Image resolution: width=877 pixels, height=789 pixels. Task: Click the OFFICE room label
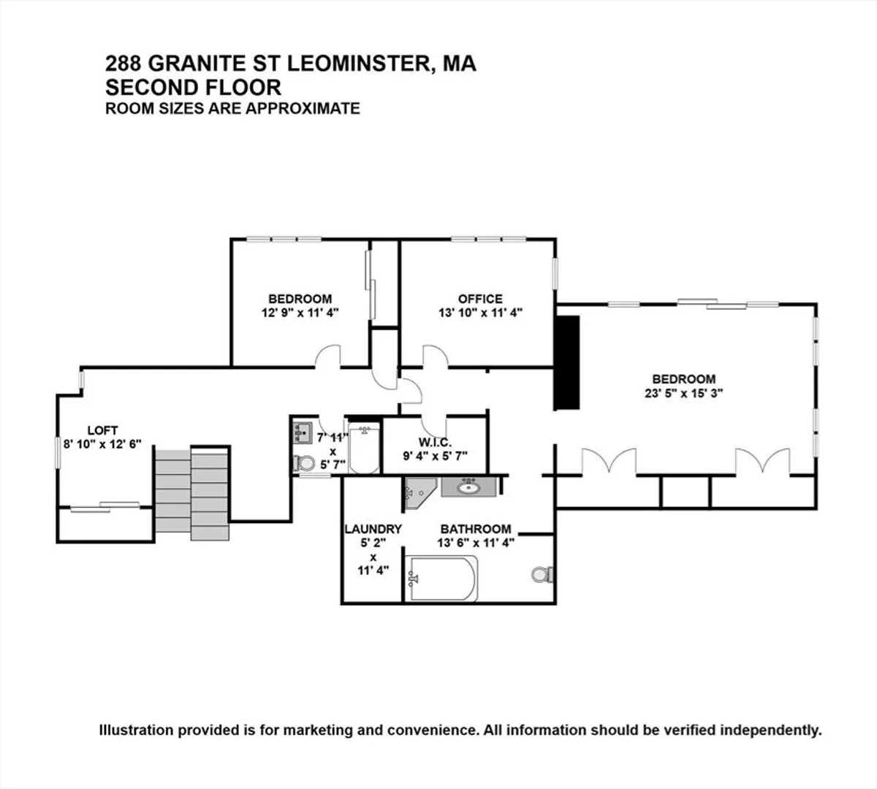tap(480, 299)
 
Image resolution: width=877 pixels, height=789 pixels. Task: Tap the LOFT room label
tap(102, 430)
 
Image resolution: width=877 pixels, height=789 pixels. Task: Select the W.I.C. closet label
tap(435, 443)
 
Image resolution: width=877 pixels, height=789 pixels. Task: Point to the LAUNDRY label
tap(373, 529)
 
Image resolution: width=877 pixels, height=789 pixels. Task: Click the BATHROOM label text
tap(476, 529)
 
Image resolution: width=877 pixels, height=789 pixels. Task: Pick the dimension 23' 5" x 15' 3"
tap(684, 393)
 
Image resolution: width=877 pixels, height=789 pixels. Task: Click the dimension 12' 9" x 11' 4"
tap(300, 313)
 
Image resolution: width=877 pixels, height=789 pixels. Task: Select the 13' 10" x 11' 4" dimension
tap(480, 313)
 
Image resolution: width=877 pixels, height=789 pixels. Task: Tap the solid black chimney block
tap(567, 363)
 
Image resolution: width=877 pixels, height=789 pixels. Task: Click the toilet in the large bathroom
tap(542, 574)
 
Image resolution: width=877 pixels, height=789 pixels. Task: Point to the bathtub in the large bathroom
tap(441, 579)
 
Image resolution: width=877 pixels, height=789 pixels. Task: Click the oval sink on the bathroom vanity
tap(468, 487)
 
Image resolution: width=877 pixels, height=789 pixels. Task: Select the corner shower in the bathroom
tap(419, 494)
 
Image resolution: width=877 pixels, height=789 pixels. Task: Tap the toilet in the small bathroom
tap(304, 463)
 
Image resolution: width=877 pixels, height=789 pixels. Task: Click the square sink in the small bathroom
tap(302, 432)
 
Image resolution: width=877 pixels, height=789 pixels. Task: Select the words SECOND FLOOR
tap(193, 88)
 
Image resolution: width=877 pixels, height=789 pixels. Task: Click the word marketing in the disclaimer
tap(311, 730)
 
